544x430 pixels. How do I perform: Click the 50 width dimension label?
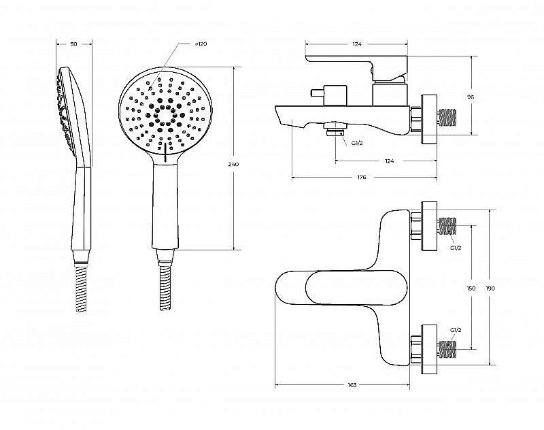click(73, 44)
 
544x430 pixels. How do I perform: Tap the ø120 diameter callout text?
click(201, 44)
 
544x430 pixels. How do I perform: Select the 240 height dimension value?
click(233, 164)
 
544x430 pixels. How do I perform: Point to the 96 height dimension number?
click(471, 97)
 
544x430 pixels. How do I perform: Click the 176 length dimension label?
click(362, 177)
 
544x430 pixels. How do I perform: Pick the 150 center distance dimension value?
click(471, 288)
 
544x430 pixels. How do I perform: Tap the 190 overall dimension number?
click(490, 288)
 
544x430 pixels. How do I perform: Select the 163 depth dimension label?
click(352, 384)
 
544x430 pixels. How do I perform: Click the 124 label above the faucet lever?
click(357, 44)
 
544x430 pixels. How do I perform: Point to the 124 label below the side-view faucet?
click(389, 161)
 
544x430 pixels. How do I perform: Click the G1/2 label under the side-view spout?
click(358, 143)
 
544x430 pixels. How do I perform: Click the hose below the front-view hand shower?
click(166, 288)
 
